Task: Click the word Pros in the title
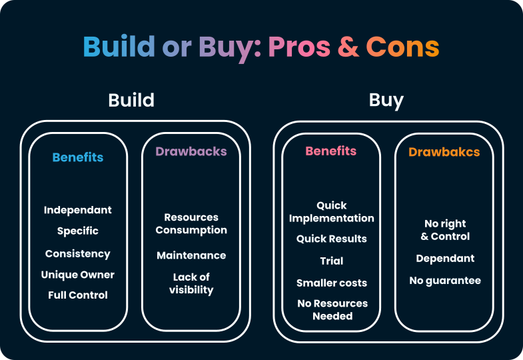[x=299, y=47]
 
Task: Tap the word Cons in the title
[x=402, y=47]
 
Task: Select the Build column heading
[x=131, y=101]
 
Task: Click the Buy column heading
[x=386, y=101]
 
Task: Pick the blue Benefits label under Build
[x=78, y=158]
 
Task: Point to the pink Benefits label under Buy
[x=331, y=151]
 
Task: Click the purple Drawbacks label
[x=191, y=151]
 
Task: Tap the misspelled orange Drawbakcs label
[x=444, y=153]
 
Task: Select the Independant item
[x=78, y=210]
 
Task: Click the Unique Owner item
[x=78, y=275]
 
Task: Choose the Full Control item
[x=78, y=295]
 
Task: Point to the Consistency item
[x=78, y=254]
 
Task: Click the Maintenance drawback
[x=191, y=255]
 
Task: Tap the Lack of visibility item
[x=191, y=283]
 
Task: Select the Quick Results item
[x=332, y=239]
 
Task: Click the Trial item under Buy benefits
[x=332, y=261]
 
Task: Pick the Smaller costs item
[x=332, y=283]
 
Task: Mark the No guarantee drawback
[x=445, y=281]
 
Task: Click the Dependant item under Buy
[x=445, y=259]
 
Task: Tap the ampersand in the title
[x=348, y=47]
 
